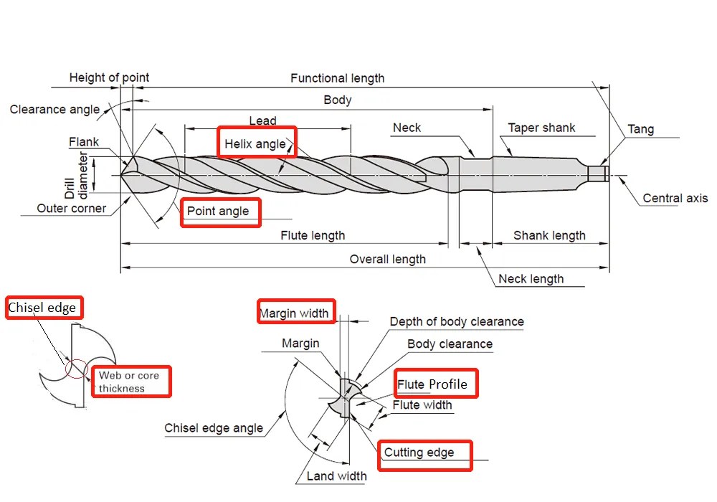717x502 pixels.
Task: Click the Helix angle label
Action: (255, 144)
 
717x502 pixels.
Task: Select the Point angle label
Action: (218, 212)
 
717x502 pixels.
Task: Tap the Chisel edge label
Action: (42, 308)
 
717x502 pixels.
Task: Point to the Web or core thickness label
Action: (129, 382)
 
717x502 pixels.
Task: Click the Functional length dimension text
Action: (337, 78)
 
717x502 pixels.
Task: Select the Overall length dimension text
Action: (387, 259)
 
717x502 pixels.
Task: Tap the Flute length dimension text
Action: (313, 235)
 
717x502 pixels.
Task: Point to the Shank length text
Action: (549, 235)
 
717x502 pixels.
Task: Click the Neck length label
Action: (531, 279)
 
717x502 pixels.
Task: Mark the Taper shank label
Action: (542, 128)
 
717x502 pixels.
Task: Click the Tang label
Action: (640, 130)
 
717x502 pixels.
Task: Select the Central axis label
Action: (675, 199)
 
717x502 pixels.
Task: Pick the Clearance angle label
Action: (54, 110)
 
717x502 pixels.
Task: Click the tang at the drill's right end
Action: (598, 174)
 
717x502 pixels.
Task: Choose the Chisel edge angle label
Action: (214, 428)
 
